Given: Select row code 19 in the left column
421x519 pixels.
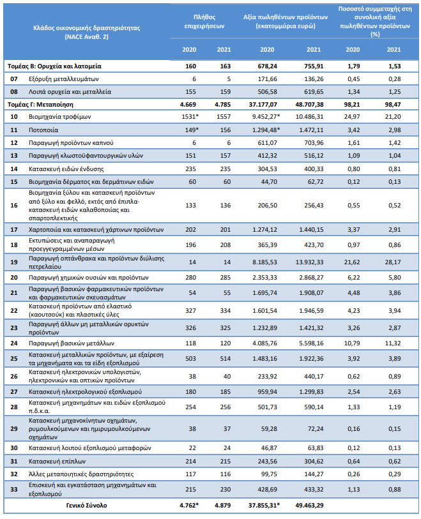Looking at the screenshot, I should pyautogui.click(x=14, y=262).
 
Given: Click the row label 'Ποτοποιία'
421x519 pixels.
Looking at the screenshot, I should pyautogui.click(x=43, y=130).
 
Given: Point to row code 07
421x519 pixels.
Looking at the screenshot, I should pyautogui.click(x=14, y=79).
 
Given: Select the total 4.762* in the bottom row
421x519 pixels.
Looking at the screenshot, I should pyautogui.click(x=190, y=506).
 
